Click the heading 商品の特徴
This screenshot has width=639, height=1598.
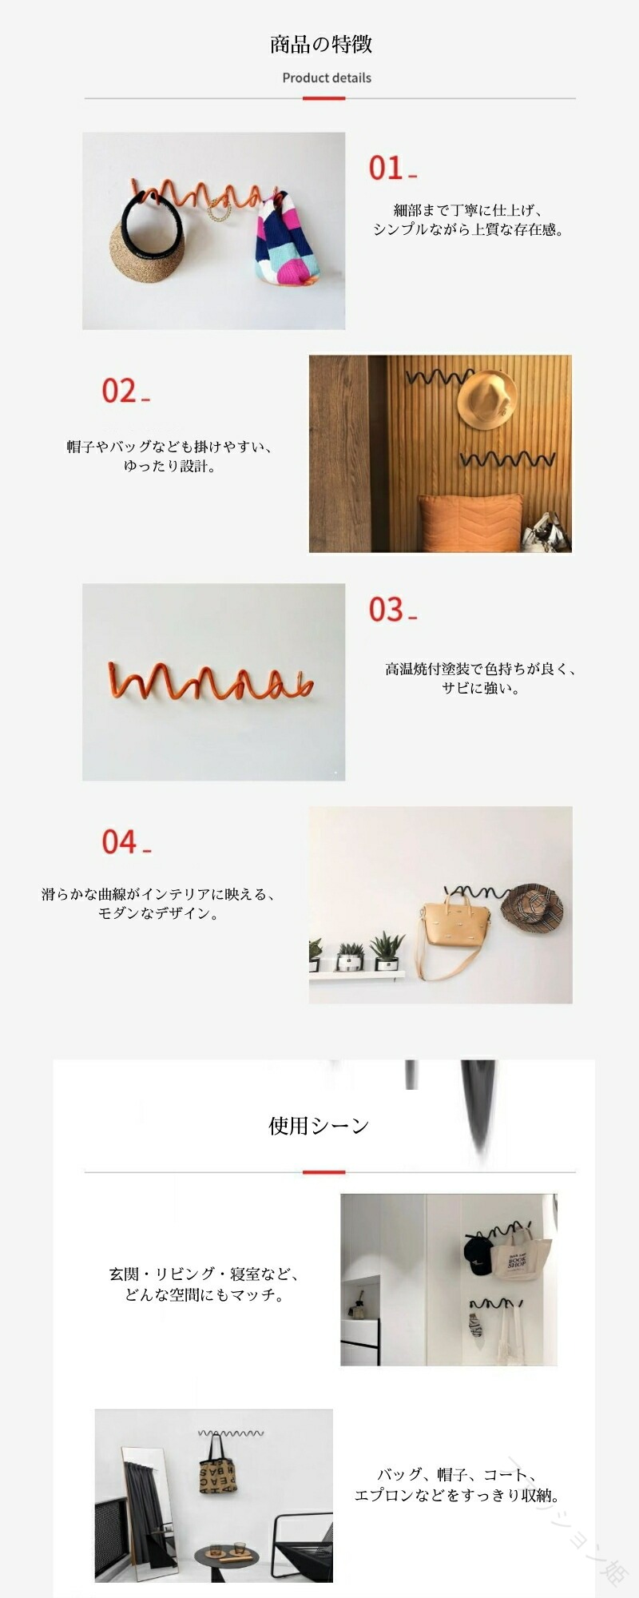tap(320, 44)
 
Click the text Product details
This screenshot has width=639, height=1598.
tap(327, 78)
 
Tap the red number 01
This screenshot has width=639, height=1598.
tap(386, 168)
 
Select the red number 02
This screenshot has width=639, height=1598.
tap(119, 391)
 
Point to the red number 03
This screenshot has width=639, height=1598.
tap(386, 610)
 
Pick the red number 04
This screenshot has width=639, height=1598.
tap(119, 841)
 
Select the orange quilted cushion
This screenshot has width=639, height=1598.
tap(471, 523)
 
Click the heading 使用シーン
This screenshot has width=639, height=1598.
tap(319, 1126)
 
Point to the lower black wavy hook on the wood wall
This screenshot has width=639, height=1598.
tap(508, 459)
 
